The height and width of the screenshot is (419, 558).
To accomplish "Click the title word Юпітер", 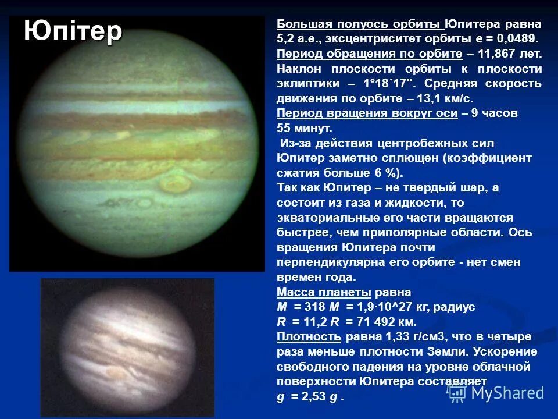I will click(73, 31).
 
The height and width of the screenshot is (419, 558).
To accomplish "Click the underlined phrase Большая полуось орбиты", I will click(360, 24).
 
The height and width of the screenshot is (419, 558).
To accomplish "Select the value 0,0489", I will click(517, 39).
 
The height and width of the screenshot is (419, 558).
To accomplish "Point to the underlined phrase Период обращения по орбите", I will click(369, 54).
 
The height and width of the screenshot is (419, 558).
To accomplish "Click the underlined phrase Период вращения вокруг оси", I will click(367, 113).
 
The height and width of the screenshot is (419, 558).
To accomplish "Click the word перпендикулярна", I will click(328, 262).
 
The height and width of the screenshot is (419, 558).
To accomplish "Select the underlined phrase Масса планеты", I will click(324, 292).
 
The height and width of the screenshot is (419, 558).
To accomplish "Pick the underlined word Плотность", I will click(308, 337).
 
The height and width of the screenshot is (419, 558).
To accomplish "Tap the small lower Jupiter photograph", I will click(127, 347).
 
